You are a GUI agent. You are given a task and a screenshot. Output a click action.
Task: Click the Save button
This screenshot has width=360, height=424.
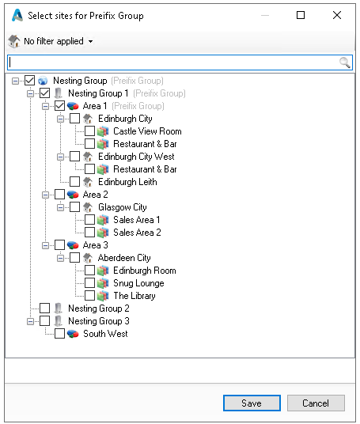pyautogui.click(x=252, y=403)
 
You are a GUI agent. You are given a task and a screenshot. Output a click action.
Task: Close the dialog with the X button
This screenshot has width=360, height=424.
pyautogui.click(x=337, y=15)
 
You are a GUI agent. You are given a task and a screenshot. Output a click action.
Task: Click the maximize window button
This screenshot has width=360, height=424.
pyautogui.click(x=301, y=15)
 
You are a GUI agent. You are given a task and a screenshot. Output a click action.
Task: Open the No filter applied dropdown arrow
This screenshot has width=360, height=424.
pyautogui.click(x=91, y=41)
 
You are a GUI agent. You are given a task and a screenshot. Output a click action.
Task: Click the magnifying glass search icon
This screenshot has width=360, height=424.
pyautogui.click(x=345, y=62)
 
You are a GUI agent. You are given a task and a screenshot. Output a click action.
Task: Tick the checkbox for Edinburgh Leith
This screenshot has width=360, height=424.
pyautogui.click(x=74, y=182)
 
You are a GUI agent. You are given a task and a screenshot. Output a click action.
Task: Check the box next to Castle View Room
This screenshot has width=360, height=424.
pyautogui.click(x=89, y=131)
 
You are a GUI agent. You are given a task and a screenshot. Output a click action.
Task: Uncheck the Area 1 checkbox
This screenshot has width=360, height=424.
pyautogui.click(x=59, y=106)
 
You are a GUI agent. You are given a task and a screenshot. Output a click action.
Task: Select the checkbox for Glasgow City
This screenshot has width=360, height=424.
pyautogui.click(x=74, y=207)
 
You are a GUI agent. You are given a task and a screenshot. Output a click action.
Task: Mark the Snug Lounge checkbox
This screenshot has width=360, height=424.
pyautogui.click(x=89, y=283)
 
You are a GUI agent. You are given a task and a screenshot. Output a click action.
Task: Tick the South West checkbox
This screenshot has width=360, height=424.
pyautogui.click(x=59, y=334)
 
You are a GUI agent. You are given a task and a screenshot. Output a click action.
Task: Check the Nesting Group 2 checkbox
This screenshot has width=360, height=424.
pyautogui.click(x=44, y=309)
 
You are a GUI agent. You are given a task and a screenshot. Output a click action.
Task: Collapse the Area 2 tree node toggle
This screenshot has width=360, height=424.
pyautogui.click(x=45, y=195)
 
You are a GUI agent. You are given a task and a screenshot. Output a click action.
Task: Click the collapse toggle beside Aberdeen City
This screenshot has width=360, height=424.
pyautogui.click(x=61, y=258)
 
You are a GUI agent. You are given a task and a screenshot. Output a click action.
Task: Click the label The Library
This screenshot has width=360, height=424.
pyautogui.click(x=135, y=296)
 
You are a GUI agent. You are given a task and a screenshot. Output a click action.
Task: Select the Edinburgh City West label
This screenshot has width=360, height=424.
pyautogui.click(x=136, y=157)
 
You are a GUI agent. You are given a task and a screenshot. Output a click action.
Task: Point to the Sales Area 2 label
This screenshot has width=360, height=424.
pyautogui.click(x=137, y=233)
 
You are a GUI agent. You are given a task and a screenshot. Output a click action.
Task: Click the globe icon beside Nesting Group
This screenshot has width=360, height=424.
pyautogui.click(x=43, y=81)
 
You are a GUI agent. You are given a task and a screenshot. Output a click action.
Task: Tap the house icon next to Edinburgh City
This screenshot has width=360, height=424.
pyautogui.click(x=88, y=119)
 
